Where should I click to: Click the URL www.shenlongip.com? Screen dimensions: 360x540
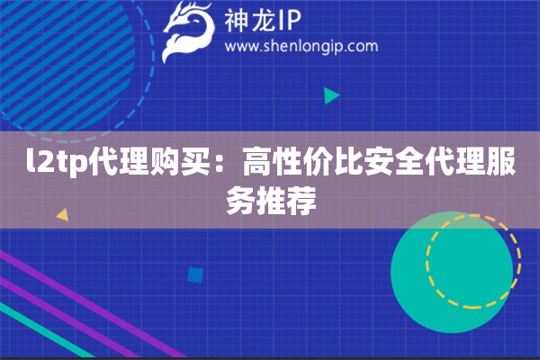(300, 46)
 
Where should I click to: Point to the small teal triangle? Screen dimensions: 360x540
(331, 95)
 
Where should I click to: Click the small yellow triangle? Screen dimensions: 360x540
(62, 215)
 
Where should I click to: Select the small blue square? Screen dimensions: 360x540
(194, 273)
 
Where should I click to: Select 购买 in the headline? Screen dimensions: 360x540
(179, 166)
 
